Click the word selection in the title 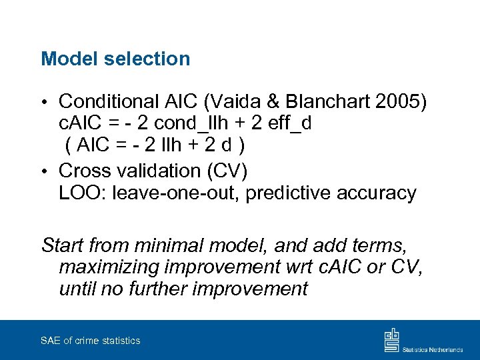pos(147,59)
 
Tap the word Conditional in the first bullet pos(107,101)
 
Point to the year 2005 pos(403,101)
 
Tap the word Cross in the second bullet pos(84,171)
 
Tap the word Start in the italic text pos(62,245)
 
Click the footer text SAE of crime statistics pos(90,341)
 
